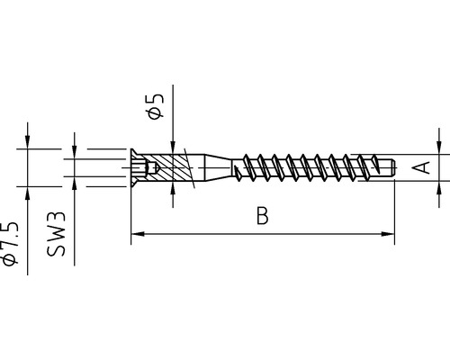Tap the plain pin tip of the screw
click(x=386, y=166)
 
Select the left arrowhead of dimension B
click(x=138, y=235)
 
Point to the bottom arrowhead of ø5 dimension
click(x=171, y=190)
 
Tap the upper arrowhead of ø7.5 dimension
click(x=28, y=141)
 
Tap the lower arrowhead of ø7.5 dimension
click(x=28, y=192)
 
